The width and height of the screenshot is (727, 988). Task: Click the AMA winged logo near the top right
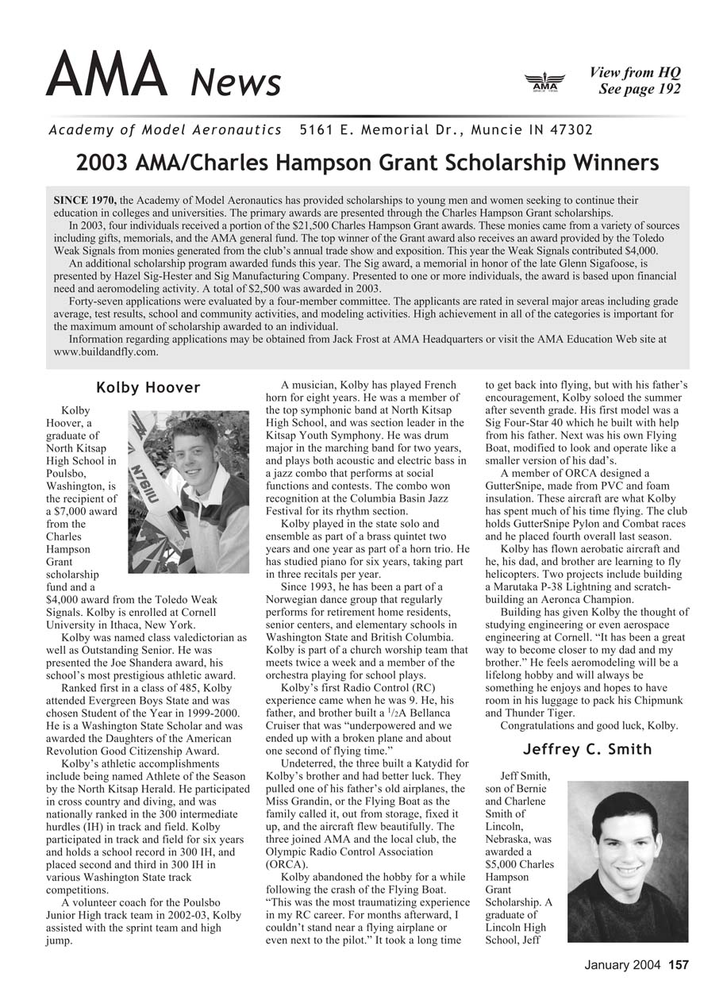click(x=544, y=82)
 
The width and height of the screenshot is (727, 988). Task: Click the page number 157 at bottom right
click(x=679, y=965)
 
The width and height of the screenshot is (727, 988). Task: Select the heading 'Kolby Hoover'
click(x=148, y=388)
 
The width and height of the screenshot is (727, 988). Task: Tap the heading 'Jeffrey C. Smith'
click(x=587, y=749)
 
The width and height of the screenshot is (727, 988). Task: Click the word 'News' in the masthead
click(x=237, y=83)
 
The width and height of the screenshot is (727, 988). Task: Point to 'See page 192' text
click(x=640, y=89)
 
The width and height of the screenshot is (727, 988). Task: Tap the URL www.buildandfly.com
click(x=106, y=351)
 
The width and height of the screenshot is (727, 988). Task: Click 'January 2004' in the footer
click(x=623, y=965)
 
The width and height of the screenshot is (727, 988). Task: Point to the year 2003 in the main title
click(x=100, y=163)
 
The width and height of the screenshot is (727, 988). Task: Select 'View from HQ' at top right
click(x=635, y=73)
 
